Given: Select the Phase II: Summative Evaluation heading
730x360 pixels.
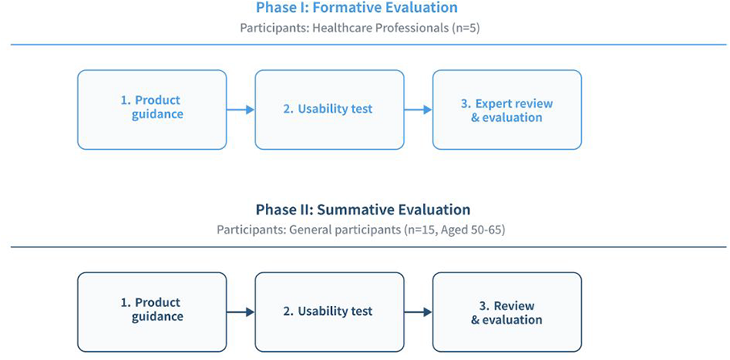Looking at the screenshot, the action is coord(363,209).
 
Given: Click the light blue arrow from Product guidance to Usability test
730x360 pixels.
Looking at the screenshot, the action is coord(241,110).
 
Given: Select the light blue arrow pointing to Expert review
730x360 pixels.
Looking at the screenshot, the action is coord(418,110).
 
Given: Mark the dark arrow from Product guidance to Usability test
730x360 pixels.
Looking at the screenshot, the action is coord(241,312).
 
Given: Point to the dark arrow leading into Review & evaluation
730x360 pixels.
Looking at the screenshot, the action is coord(418,312).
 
